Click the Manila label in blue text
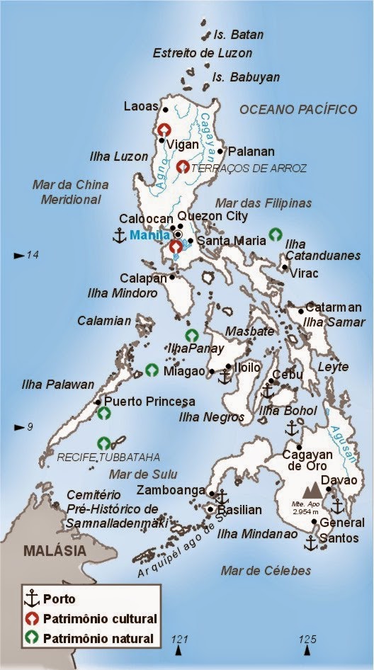149,234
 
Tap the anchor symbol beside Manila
119,235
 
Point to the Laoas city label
141,107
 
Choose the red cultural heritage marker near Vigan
164,130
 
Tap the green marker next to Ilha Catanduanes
276,234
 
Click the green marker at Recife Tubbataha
105,443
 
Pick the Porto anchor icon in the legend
31,599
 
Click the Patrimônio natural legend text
98,639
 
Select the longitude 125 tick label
307,640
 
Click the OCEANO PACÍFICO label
297,109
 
